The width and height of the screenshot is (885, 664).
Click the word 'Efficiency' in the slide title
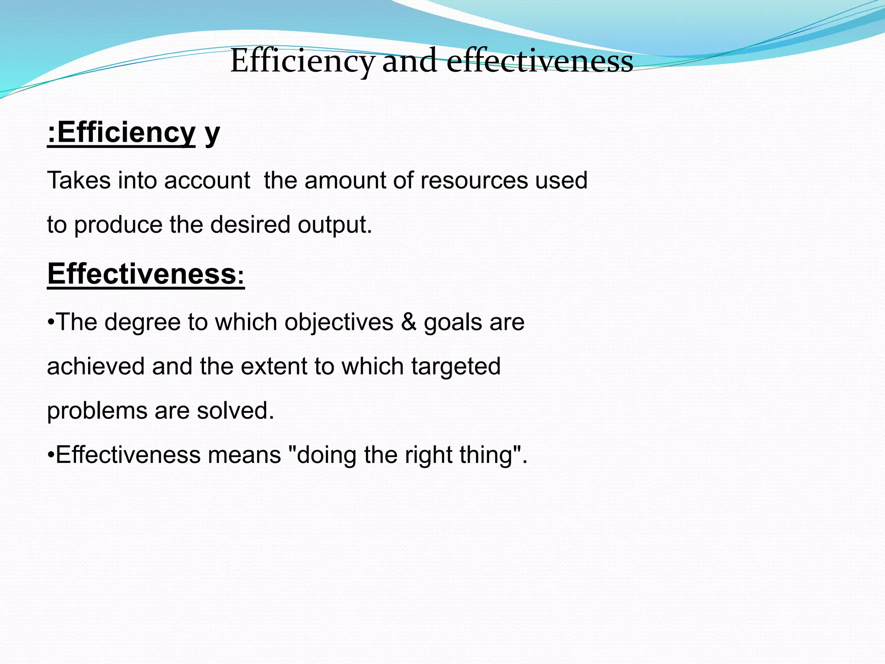tap(302, 61)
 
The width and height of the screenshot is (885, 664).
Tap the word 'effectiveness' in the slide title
tap(539, 61)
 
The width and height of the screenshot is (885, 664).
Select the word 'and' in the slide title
tap(410, 61)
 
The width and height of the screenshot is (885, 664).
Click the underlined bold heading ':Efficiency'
tap(121, 133)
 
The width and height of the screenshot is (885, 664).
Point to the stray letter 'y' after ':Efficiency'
tap(212, 134)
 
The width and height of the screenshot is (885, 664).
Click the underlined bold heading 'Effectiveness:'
tap(146, 274)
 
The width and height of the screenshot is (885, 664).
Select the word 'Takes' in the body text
tap(79, 180)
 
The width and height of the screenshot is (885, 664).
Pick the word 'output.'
tap(334, 225)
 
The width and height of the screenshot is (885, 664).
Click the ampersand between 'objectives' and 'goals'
tap(408, 322)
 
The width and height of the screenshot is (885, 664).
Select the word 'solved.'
tap(236, 411)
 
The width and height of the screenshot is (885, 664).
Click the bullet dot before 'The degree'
tap(51, 322)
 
